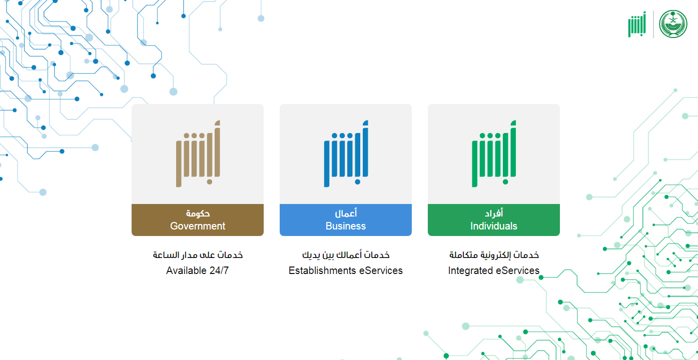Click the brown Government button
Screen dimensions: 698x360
(198, 220)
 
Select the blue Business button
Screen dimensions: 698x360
(346, 220)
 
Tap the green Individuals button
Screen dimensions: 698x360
(493, 220)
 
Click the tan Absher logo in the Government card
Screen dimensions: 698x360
(198, 153)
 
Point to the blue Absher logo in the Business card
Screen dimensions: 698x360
(346, 153)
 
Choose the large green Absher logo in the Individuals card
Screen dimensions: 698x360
(494, 153)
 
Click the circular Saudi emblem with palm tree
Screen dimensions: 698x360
(673, 24)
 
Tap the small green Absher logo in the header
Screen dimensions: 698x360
(637, 24)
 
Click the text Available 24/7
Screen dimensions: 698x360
(197, 270)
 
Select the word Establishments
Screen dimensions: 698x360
(322, 270)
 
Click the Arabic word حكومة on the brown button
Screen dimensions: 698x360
(198, 213)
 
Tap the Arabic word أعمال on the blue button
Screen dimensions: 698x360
(346, 213)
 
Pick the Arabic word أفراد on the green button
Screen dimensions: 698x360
(494, 213)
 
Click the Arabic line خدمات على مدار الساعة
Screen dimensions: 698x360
(198, 254)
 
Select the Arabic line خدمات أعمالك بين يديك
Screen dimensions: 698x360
(346, 254)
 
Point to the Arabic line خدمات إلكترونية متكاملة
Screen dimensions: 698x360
(494, 254)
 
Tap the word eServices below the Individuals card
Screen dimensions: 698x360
(517, 270)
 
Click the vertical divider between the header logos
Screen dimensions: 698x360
(653, 24)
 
